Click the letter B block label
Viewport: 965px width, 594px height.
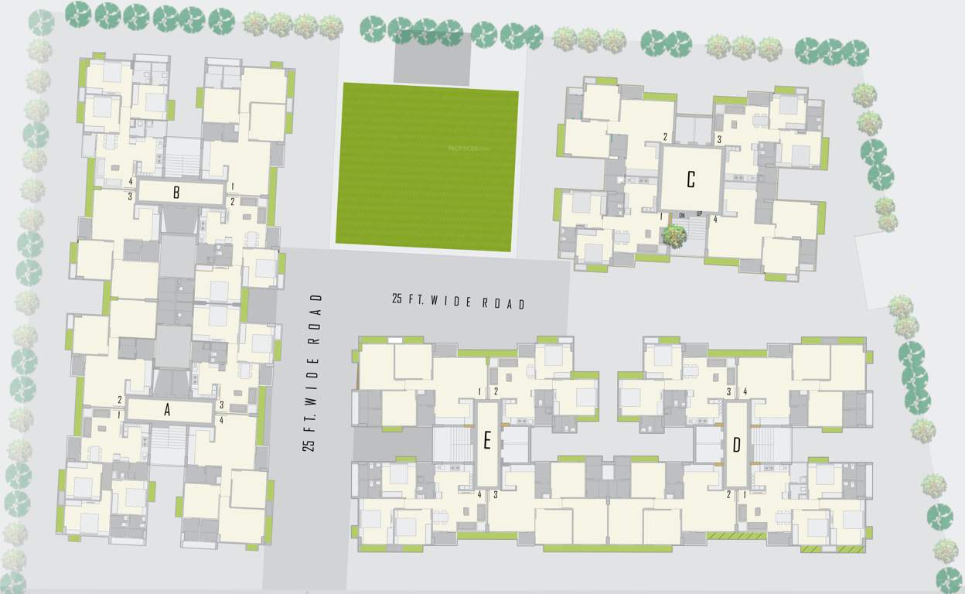pyautogui.click(x=176, y=193)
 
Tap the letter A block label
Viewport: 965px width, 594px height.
pyautogui.click(x=167, y=411)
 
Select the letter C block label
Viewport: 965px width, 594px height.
pyautogui.click(x=691, y=180)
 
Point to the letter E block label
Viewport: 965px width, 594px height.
pyautogui.click(x=487, y=442)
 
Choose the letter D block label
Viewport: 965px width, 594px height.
pyautogui.click(x=736, y=445)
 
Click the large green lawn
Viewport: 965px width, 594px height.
pyautogui.click(x=427, y=166)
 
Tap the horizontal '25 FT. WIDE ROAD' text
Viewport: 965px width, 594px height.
pyautogui.click(x=459, y=302)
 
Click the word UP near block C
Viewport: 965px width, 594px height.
pyautogui.click(x=699, y=214)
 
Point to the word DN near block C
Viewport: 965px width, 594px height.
pyautogui.click(x=683, y=214)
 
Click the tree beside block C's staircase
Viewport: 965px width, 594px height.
pyautogui.click(x=675, y=235)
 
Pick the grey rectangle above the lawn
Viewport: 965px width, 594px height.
pyautogui.click(x=432, y=60)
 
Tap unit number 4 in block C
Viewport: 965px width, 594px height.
pyautogui.click(x=715, y=220)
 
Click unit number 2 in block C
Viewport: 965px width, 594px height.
pyautogui.click(x=665, y=137)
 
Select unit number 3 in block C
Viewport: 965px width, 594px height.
pyautogui.click(x=719, y=139)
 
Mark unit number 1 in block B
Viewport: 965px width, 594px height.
pyautogui.click(x=232, y=186)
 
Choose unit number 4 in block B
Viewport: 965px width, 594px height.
pyautogui.click(x=131, y=182)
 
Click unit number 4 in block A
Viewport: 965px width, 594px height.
pyautogui.click(x=222, y=420)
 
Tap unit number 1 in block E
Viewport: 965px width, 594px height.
pyautogui.click(x=480, y=391)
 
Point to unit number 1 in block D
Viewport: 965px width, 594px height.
pyautogui.click(x=745, y=494)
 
